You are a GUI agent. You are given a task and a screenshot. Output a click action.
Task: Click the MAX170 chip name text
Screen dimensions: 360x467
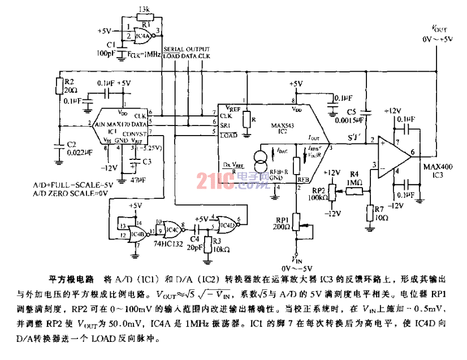(x=116, y=123)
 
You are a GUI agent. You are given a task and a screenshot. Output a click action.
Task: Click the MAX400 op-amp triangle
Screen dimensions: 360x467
(x=399, y=153)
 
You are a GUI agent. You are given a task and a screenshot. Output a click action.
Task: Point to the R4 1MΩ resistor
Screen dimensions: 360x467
(x=354, y=191)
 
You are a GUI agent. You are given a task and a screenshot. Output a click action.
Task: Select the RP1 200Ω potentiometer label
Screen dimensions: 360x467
(x=282, y=222)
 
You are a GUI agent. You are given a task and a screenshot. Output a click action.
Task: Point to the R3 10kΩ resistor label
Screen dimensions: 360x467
(x=217, y=244)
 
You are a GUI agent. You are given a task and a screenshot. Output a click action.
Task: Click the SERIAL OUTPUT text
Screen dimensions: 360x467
(x=187, y=50)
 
